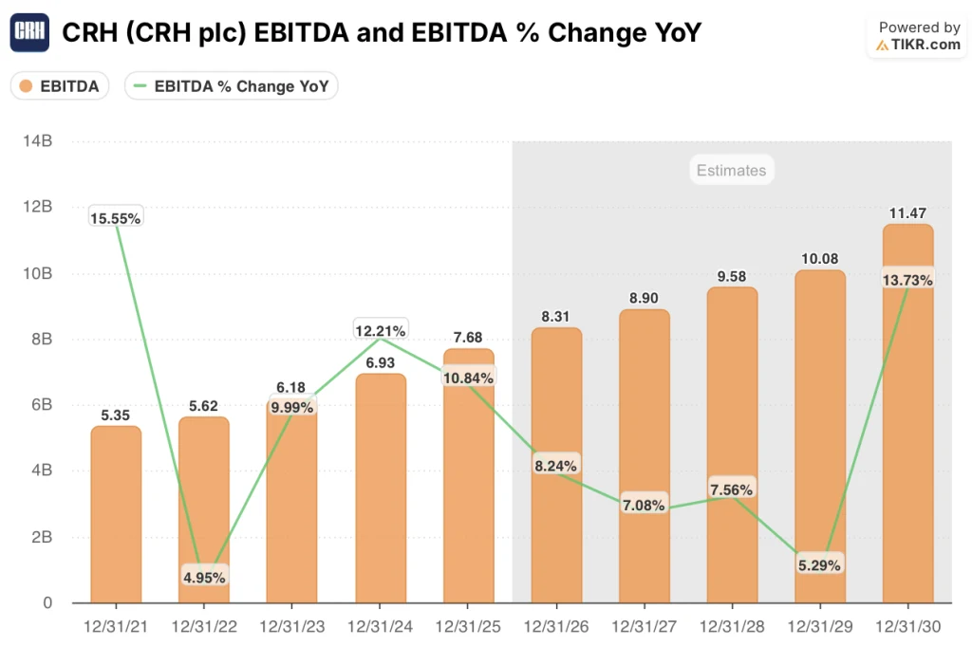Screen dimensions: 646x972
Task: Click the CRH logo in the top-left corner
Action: (x=29, y=33)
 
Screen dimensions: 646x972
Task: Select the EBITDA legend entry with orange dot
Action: (x=60, y=86)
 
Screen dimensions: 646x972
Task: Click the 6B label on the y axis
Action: (x=40, y=405)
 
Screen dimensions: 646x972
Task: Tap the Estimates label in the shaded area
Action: (x=731, y=171)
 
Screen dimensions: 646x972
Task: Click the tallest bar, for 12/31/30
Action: (x=908, y=427)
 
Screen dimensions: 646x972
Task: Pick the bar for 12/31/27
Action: (x=645, y=455)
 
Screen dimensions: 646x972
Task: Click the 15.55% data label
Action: (x=116, y=218)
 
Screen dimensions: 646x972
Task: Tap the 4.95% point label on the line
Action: (x=204, y=576)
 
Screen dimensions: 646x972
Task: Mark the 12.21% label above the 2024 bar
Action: (x=381, y=331)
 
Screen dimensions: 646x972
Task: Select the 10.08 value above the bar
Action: (x=820, y=259)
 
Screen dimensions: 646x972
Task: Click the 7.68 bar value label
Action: (x=468, y=338)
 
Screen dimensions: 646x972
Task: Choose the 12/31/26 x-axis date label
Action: (x=556, y=627)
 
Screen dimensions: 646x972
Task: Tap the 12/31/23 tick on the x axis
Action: (x=291, y=627)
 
